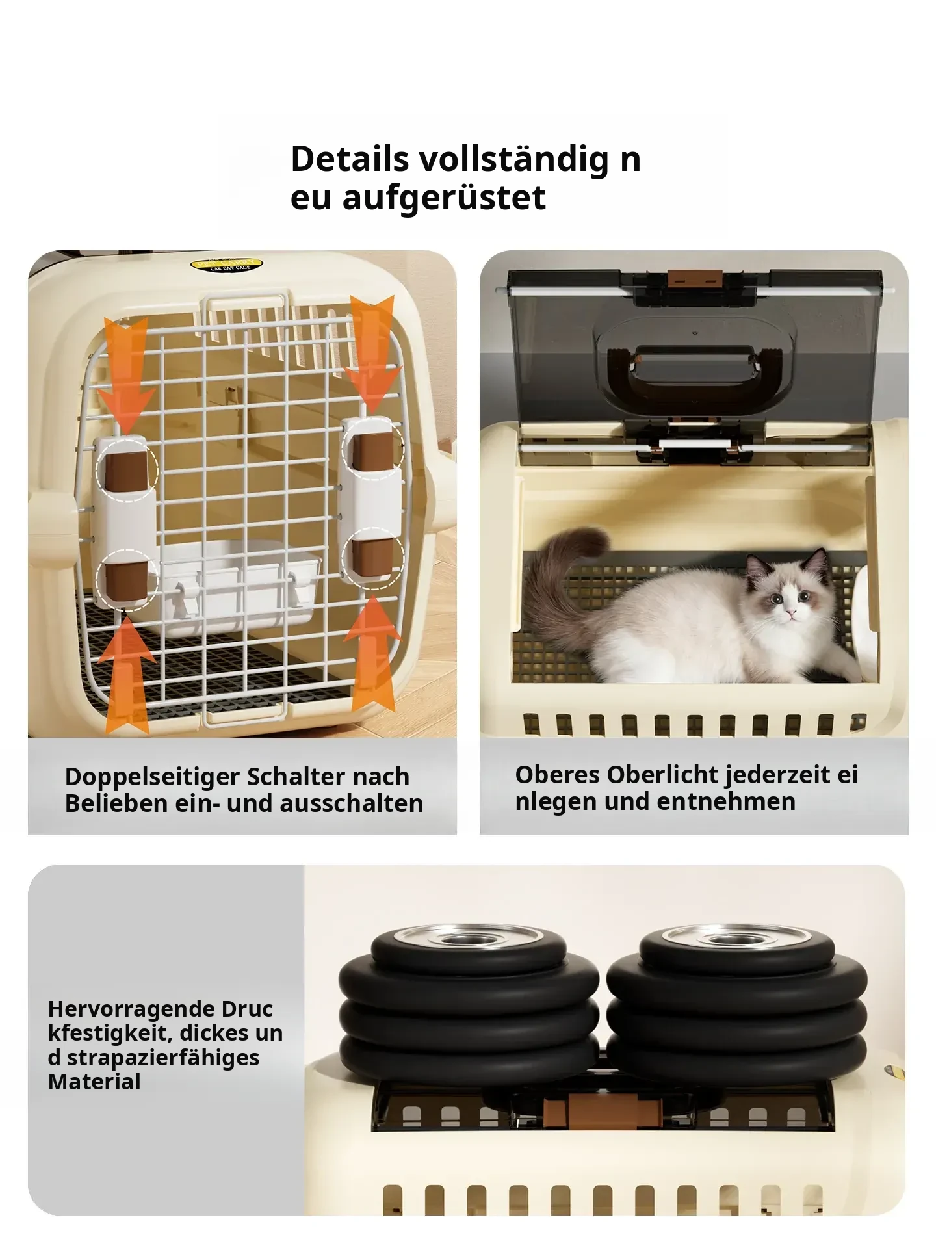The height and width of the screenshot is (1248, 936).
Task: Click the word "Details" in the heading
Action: pyautogui.click(x=350, y=159)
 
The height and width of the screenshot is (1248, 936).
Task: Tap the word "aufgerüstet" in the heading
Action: pyautogui.click(x=444, y=198)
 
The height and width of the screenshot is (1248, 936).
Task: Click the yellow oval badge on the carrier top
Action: pyautogui.click(x=226, y=265)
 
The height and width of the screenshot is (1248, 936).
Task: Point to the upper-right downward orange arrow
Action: pyautogui.click(x=370, y=354)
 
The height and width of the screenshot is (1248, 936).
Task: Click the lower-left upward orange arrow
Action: pyautogui.click(x=129, y=674)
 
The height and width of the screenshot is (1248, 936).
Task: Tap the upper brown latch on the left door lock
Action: pyautogui.click(x=126, y=471)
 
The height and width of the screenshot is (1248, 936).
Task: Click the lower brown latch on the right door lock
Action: pyautogui.click(x=372, y=559)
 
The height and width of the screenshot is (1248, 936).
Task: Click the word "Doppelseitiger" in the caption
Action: pyautogui.click(x=152, y=777)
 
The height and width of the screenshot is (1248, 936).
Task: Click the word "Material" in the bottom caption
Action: pyautogui.click(x=94, y=1082)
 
